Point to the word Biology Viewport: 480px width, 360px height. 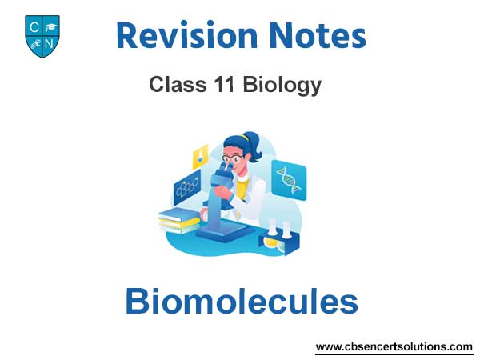282,86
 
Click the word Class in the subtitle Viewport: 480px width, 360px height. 178,84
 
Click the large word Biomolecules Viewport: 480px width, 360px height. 242,301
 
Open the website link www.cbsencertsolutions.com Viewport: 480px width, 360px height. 394,347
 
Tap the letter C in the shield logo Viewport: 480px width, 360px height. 34,27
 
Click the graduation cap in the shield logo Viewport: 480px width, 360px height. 51,28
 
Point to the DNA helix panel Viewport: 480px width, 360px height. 289,180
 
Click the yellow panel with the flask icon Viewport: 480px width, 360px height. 201,157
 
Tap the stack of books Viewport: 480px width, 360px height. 179,221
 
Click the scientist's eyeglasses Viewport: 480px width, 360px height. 233,158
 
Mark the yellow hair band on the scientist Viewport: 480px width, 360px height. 244,137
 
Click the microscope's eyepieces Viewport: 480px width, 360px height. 225,166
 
